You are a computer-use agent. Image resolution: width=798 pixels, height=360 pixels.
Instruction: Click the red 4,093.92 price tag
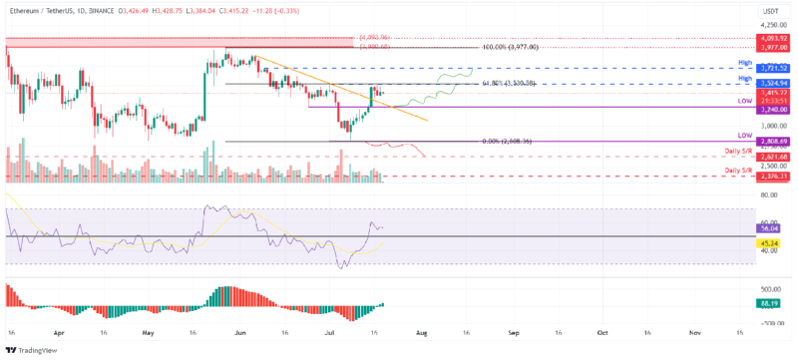(767, 38)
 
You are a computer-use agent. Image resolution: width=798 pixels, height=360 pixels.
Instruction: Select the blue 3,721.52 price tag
(767, 67)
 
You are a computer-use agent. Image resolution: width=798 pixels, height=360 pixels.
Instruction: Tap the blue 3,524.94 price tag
(767, 83)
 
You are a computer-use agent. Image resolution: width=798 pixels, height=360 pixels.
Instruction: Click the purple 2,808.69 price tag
(767, 142)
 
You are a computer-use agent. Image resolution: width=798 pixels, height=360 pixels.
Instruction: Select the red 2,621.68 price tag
(767, 157)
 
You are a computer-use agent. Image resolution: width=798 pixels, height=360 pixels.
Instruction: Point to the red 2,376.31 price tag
(767, 177)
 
